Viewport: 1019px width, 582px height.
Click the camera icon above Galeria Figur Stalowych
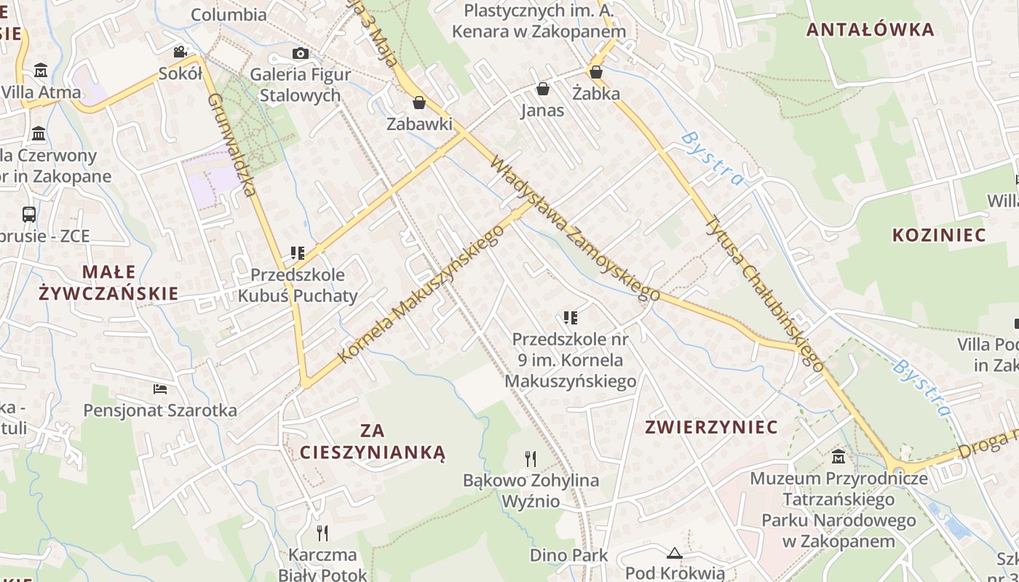[x=300, y=53]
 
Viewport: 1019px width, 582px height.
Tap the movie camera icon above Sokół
[x=180, y=52]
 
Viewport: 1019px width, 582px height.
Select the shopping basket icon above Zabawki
[x=419, y=103]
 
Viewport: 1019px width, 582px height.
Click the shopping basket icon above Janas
[x=542, y=89]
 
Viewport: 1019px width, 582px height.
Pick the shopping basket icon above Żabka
[x=595, y=72]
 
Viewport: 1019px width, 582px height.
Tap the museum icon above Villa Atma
[x=41, y=71]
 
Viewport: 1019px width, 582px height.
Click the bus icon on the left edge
[x=29, y=214]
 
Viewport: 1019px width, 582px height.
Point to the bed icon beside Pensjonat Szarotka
[x=160, y=389]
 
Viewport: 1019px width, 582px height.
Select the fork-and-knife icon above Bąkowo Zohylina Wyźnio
[x=531, y=459]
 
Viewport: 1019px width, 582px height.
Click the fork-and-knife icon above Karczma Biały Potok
[x=322, y=533]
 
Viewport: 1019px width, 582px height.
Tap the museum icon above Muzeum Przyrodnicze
[x=838, y=457]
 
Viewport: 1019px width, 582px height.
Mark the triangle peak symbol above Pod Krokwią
[x=675, y=554]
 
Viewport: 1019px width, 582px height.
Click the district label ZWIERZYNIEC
[x=712, y=427]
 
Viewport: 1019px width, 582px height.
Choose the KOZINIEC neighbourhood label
[x=939, y=235]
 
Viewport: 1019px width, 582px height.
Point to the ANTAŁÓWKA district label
[x=871, y=30]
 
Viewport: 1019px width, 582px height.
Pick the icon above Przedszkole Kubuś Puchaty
[x=297, y=253]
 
